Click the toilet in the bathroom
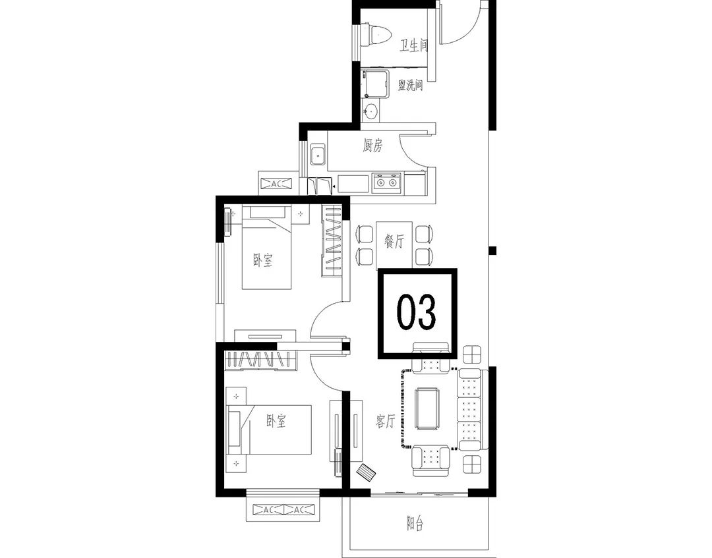point(375,34)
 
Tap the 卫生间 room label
point(413,46)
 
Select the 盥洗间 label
point(410,85)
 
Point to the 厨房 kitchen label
point(372,146)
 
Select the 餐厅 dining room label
point(394,241)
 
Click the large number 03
point(417,312)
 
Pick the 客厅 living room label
point(385,422)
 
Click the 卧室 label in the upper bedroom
point(262,260)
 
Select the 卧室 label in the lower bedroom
point(276,422)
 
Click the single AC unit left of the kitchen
point(276,184)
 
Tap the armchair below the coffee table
point(430,461)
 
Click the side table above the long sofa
point(472,354)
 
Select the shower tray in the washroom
point(376,84)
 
